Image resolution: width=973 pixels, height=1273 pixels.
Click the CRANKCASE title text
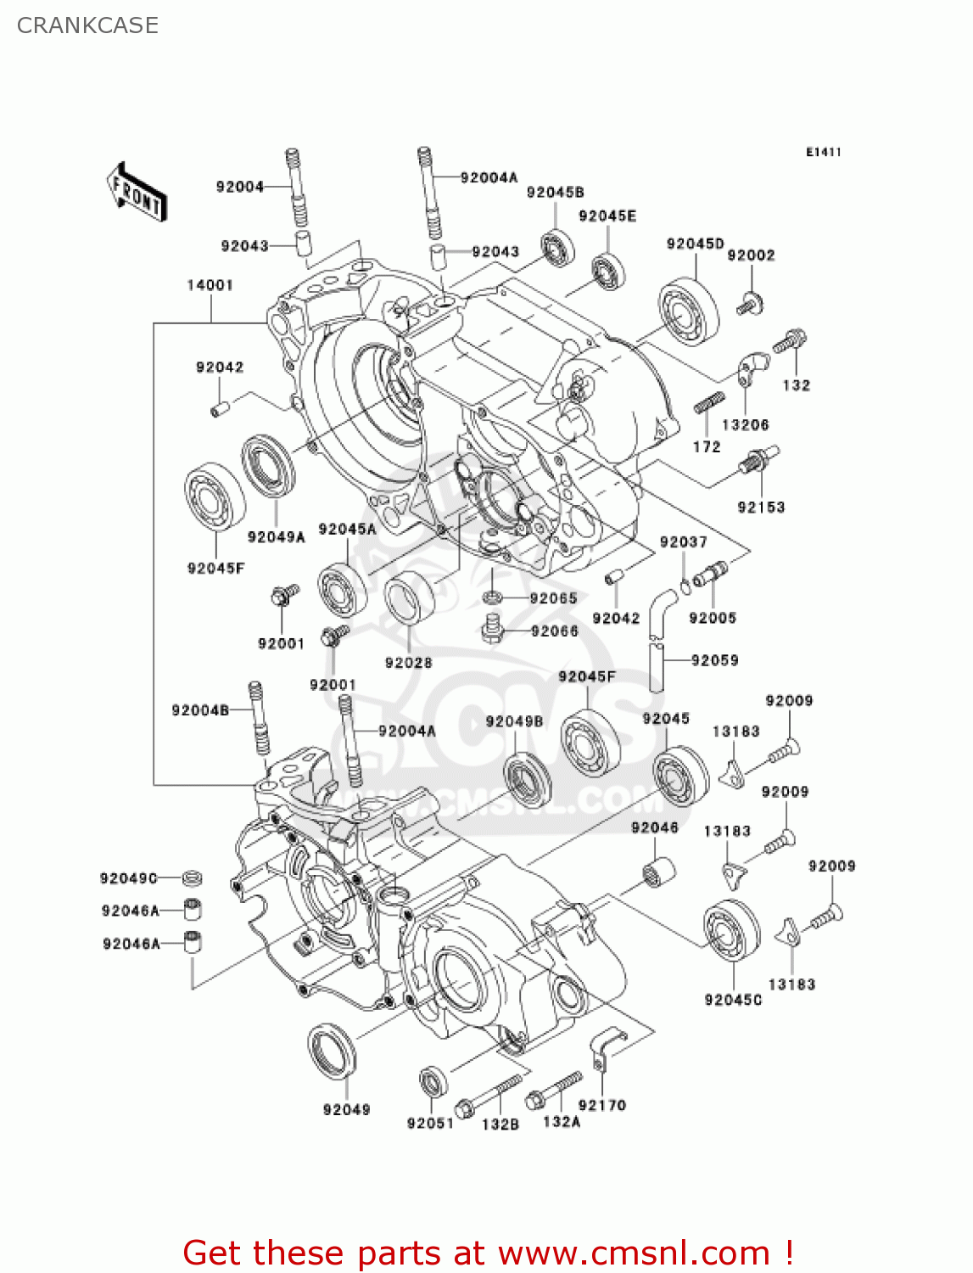coord(87,25)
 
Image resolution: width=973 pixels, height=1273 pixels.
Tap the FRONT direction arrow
coord(137,193)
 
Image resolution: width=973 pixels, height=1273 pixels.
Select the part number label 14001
coord(210,285)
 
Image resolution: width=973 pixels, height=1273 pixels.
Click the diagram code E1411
coord(823,152)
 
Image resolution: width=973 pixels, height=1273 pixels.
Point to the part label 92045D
coord(695,244)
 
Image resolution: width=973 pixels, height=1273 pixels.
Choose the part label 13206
coord(745,425)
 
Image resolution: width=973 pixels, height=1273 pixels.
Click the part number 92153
coord(761,508)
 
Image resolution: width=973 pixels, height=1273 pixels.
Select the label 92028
coord(408,663)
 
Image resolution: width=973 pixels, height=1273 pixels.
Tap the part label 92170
coord(601,1105)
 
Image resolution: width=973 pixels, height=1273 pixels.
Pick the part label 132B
coord(500,1124)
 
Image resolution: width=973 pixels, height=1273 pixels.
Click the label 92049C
coord(129,878)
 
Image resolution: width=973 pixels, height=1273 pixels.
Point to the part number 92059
coord(714,660)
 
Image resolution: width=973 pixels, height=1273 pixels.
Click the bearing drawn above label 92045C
coord(730,931)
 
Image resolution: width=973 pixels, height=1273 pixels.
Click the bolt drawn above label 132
coord(790,341)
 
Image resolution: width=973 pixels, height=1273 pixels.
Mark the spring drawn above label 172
coord(708,403)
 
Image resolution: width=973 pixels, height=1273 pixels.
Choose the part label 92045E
coord(607,216)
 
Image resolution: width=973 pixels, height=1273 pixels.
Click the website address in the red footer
coord(633,1253)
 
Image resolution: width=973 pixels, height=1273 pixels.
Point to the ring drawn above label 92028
coord(409,597)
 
